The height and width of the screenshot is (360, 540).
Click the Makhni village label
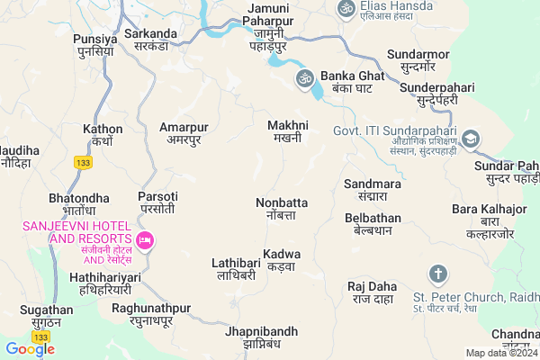pos(289,131)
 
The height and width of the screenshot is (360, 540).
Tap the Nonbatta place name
pos(282,209)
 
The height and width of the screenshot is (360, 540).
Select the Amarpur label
pos(184,133)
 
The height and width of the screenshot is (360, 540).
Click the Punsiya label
pos(97,45)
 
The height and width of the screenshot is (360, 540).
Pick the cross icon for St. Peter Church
pos(438,274)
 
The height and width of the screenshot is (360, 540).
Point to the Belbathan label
pos(373,224)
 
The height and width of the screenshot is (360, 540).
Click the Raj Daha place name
pos(372,292)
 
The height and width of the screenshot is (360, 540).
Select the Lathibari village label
pos(236,269)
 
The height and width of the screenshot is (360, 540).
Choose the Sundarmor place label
pos(418,60)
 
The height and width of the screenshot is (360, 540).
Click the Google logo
pos(30,349)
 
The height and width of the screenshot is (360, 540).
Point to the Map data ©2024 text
pos(499,353)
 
